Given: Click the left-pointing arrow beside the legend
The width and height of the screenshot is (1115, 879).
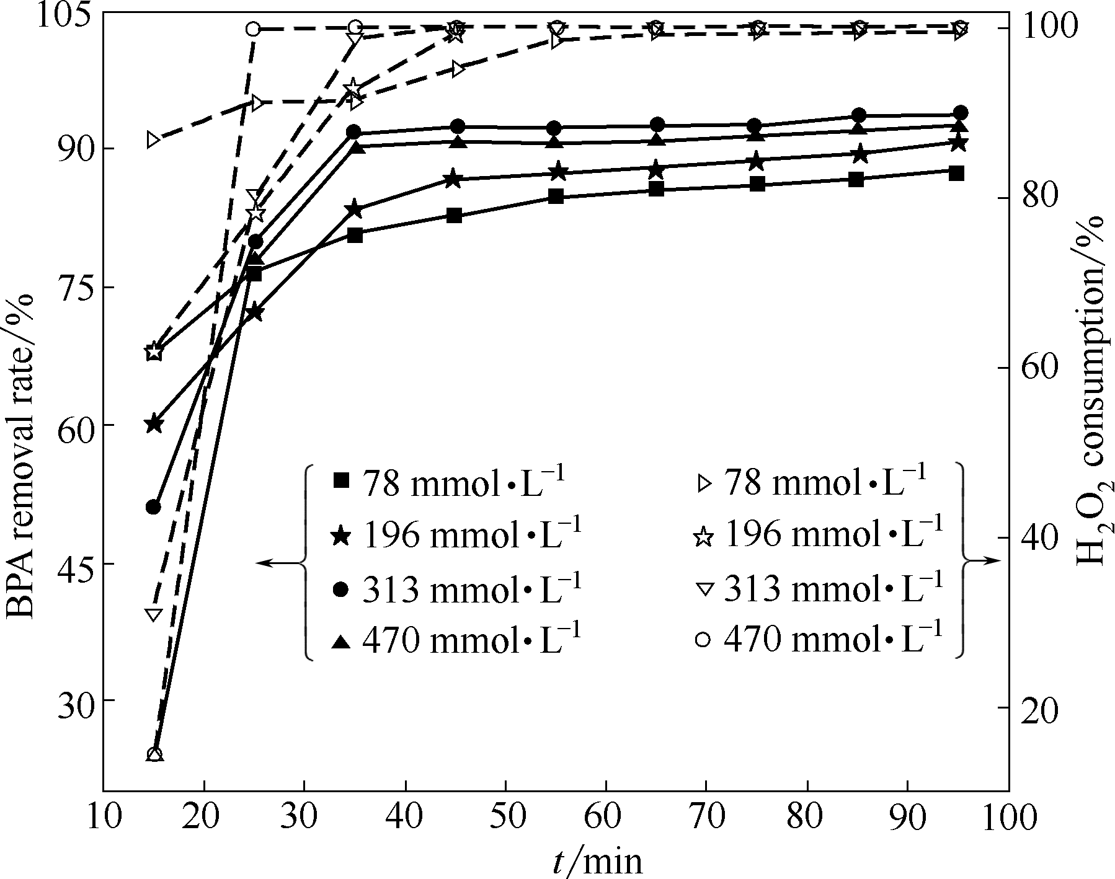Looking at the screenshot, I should [273, 562].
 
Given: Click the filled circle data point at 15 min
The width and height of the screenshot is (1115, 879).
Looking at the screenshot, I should [153, 507].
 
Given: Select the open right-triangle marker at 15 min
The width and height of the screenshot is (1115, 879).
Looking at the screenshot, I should [153, 140].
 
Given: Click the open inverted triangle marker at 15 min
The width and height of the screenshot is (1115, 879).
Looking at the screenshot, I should [153, 614].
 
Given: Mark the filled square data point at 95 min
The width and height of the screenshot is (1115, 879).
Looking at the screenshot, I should [956, 173].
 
